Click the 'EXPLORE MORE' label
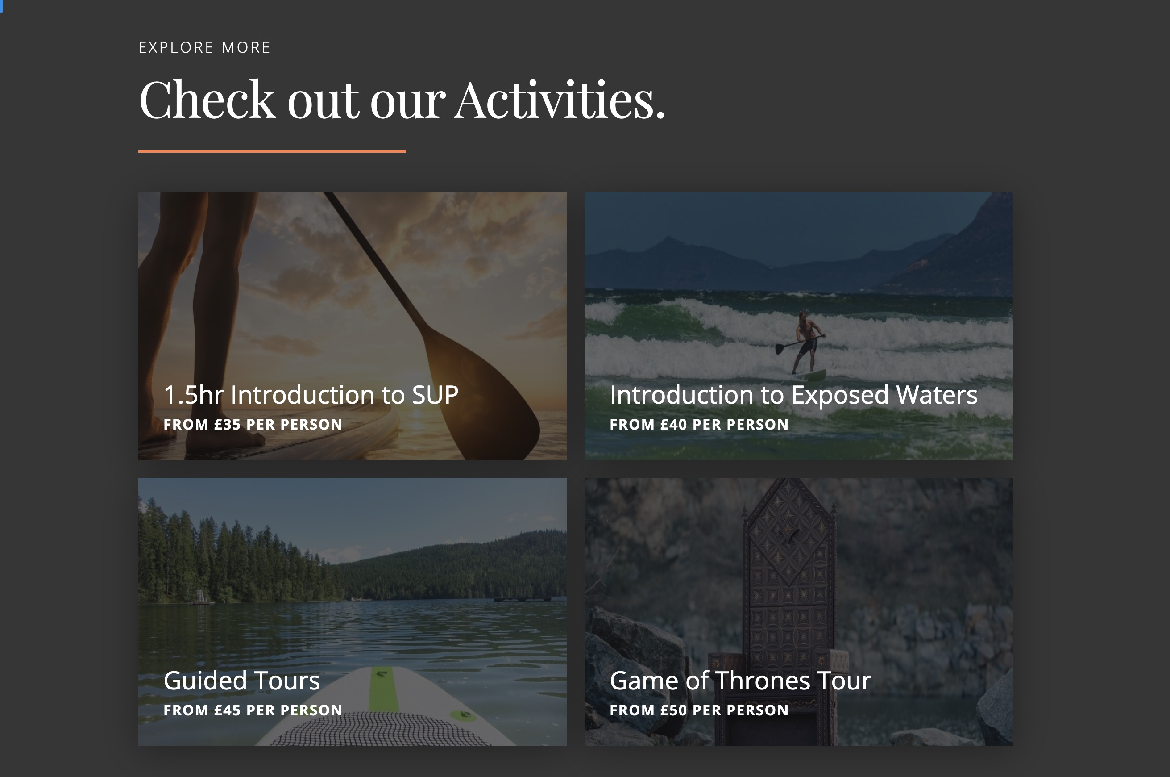pyautogui.click(x=204, y=48)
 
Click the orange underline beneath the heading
pyautogui.click(x=272, y=151)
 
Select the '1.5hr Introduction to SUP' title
pyautogui.click(x=311, y=395)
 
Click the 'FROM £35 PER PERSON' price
pyautogui.click(x=253, y=425)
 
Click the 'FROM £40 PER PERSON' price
pyautogui.click(x=699, y=425)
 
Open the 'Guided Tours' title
pyautogui.click(x=241, y=681)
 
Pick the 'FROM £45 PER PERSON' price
pyautogui.click(x=253, y=710)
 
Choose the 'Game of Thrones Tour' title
pyautogui.click(x=740, y=681)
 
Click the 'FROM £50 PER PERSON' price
pyautogui.click(x=699, y=710)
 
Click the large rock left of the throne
pyautogui.click(x=639, y=644)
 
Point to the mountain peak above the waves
pyautogui.click(x=668, y=239)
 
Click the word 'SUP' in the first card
pyautogui.click(x=435, y=395)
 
